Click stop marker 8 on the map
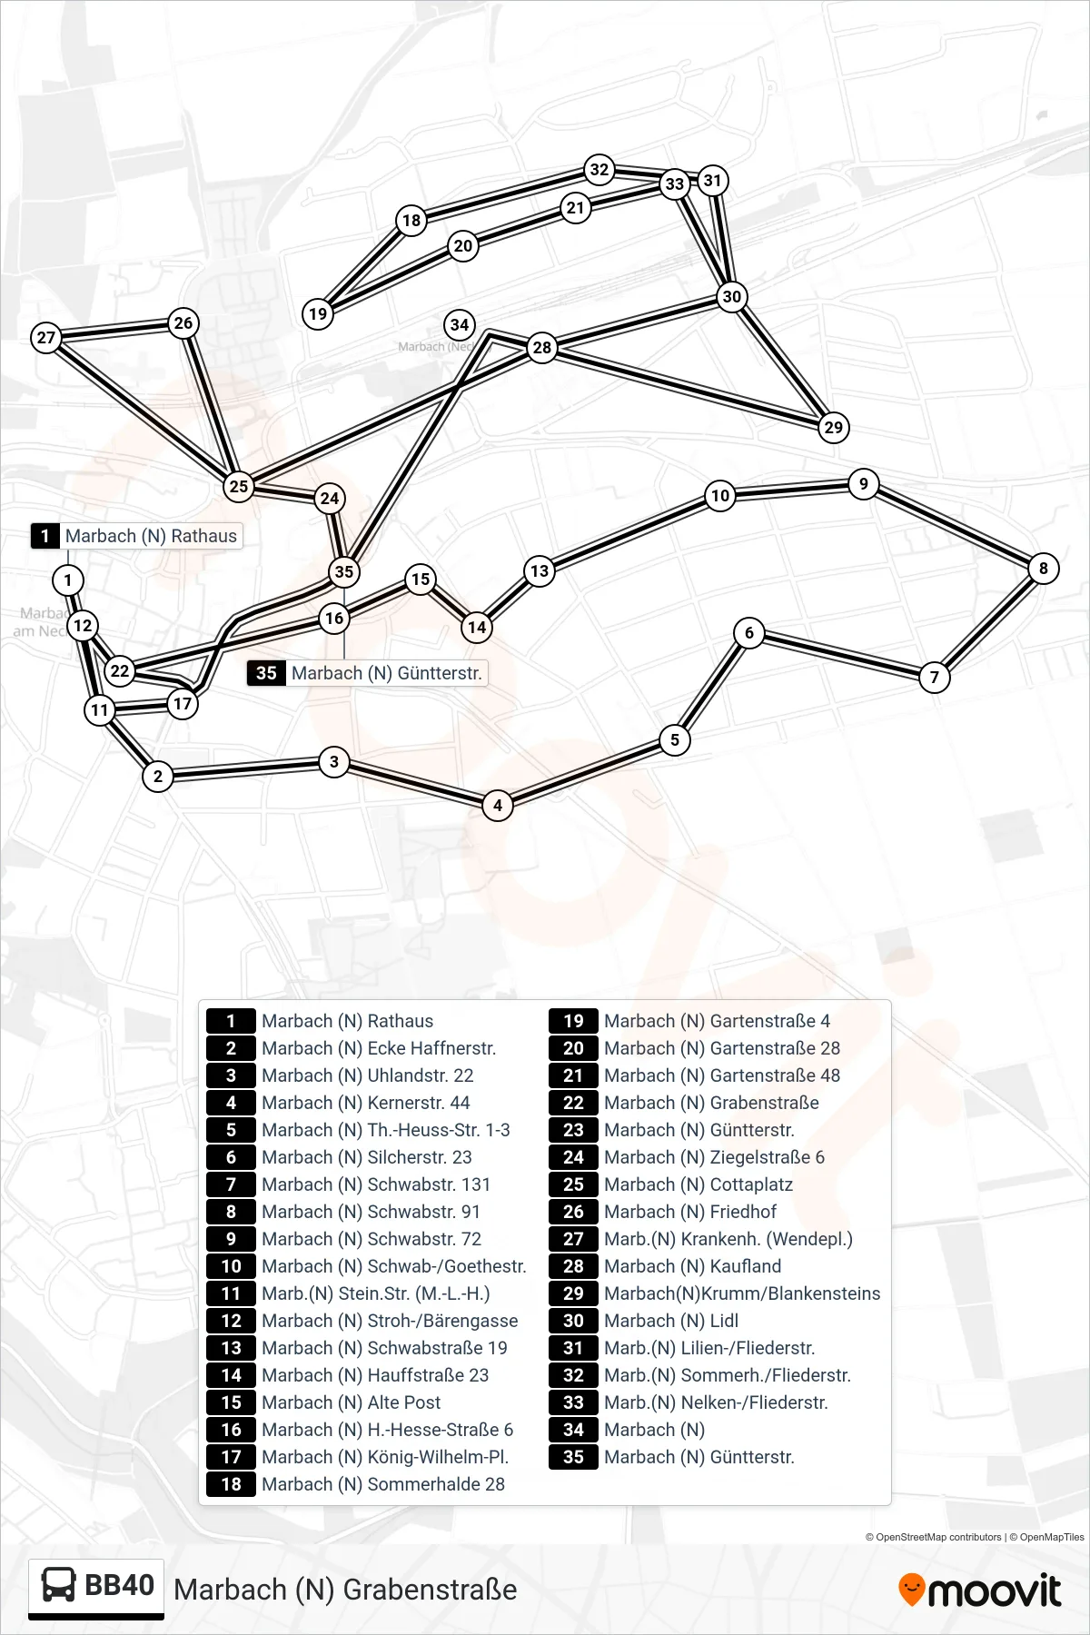(x=1043, y=569)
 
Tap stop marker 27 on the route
(x=46, y=338)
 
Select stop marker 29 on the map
(x=833, y=427)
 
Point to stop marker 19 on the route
(x=318, y=314)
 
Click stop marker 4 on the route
(x=498, y=805)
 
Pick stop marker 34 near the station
(x=460, y=325)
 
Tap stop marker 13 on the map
(x=540, y=570)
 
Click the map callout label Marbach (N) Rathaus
(x=136, y=536)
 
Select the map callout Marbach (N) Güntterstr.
(x=367, y=673)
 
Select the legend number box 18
(x=231, y=1484)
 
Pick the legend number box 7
(x=231, y=1184)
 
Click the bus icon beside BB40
(x=59, y=1585)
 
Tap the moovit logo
(x=979, y=1590)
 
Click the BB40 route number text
(x=119, y=1585)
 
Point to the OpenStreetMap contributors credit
(x=933, y=1537)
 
